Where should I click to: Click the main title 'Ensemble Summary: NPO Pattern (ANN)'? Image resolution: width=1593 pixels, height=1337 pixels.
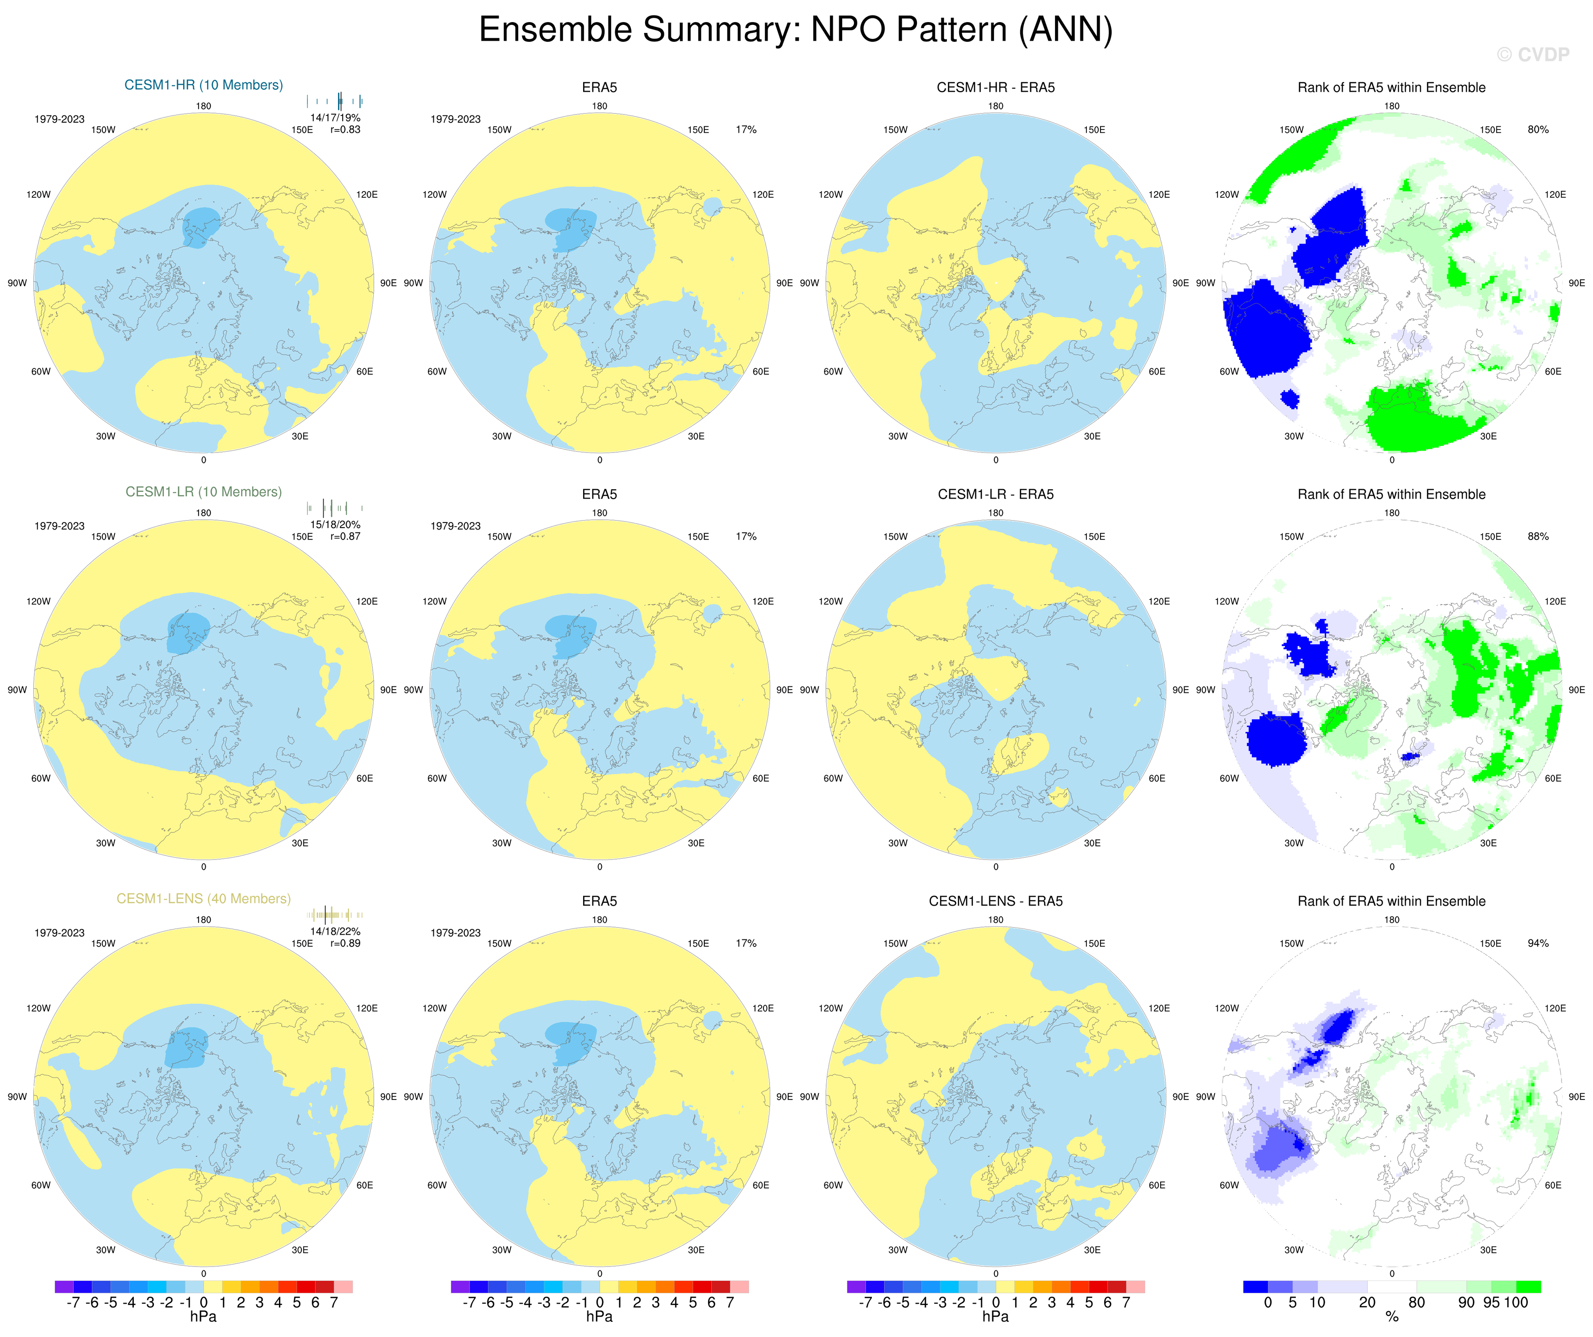[x=796, y=31]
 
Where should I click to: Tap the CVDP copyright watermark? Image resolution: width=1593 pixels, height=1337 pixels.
[x=1532, y=54]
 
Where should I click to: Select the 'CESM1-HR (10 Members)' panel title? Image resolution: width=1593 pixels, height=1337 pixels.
[x=203, y=85]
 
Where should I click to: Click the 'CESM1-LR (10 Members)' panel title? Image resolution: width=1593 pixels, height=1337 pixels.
[x=203, y=492]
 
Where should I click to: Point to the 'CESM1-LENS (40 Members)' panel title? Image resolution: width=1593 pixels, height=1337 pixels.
[x=203, y=899]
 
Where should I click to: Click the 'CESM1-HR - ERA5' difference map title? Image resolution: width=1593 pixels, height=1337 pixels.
[x=995, y=87]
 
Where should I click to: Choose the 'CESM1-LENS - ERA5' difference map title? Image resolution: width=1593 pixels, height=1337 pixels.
[x=995, y=901]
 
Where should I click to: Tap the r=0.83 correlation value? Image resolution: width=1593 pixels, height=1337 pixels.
[x=345, y=130]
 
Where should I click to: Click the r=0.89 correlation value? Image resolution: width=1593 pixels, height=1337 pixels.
[x=345, y=944]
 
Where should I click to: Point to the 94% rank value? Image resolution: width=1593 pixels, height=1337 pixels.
[x=1538, y=944]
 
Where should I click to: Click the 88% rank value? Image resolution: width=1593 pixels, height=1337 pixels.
[x=1538, y=536]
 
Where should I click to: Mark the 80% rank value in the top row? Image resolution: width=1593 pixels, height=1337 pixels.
[x=1538, y=130]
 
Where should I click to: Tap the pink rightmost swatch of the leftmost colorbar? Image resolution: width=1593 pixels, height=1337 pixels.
[x=343, y=1287]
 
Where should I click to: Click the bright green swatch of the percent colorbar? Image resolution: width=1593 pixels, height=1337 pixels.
[x=1528, y=1287]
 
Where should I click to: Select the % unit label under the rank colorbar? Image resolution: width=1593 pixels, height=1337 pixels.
[x=1392, y=1317]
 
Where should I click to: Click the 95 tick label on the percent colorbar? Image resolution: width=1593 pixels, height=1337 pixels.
[x=1491, y=1303]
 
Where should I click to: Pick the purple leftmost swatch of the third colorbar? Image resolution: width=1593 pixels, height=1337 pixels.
[x=856, y=1287]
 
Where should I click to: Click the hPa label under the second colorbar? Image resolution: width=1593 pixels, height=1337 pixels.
[x=599, y=1317]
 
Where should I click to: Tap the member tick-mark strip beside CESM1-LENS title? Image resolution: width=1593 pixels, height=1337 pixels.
[x=335, y=914]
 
